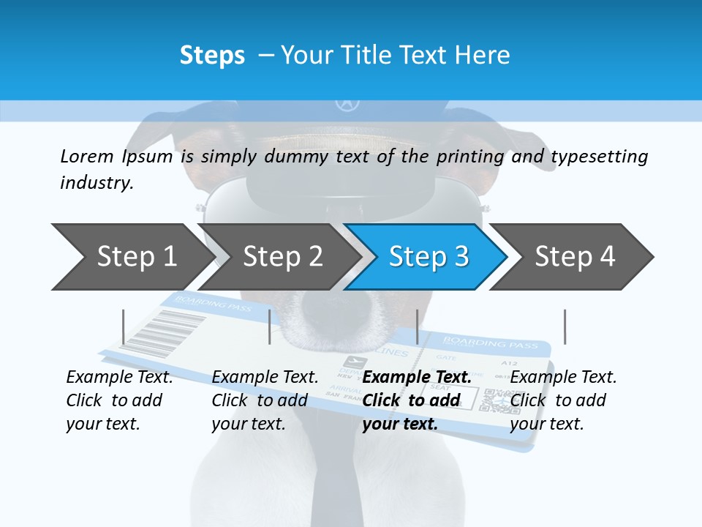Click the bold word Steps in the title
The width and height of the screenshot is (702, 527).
pos(212,56)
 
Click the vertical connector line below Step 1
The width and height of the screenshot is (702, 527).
pos(124,326)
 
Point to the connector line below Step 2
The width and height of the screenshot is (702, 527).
pos(270,326)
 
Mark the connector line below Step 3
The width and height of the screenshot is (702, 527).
pos(417,326)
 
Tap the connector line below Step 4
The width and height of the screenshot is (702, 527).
pos(565,326)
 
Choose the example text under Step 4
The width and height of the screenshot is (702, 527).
pos(563,400)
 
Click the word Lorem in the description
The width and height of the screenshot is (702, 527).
pos(86,156)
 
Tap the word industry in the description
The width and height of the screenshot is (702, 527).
pos(96,183)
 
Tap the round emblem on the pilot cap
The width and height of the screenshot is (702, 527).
pos(344,104)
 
